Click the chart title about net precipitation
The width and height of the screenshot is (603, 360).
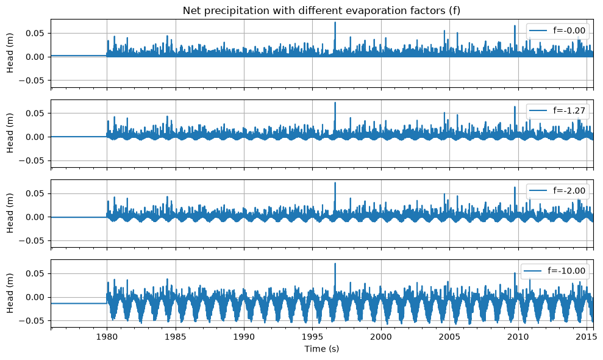(x=321, y=10)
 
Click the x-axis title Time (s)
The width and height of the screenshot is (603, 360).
(x=321, y=349)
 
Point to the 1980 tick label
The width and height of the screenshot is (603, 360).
(x=107, y=337)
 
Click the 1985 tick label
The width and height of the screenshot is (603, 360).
(x=176, y=337)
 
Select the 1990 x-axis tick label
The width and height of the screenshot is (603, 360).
(x=244, y=337)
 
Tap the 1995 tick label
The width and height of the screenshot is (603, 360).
(x=312, y=337)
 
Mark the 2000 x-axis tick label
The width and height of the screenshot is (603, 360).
(x=381, y=337)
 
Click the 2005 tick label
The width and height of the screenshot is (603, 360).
(x=449, y=337)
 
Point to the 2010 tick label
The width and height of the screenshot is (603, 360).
(x=518, y=337)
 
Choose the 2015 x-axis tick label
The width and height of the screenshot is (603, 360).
(x=587, y=337)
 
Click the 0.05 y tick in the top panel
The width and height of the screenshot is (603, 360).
(x=35, y=34)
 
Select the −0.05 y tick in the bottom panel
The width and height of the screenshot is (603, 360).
(x=32, y=321)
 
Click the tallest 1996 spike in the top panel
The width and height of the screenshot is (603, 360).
(x=335, y=23)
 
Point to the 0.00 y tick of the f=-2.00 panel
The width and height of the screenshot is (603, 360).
(x=35, y=217)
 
